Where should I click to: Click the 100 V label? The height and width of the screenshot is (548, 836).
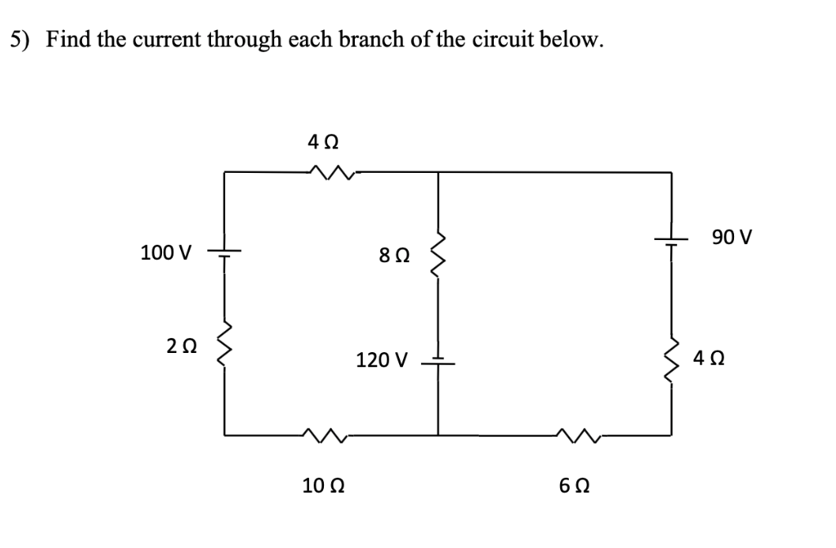[165, 253]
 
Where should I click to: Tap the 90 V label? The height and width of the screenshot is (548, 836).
[732, 236]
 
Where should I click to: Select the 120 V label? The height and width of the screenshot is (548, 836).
[382, 361]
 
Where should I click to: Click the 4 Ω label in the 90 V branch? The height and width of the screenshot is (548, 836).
[709, 358]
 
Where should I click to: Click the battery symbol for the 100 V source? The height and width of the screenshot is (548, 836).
[224, 253]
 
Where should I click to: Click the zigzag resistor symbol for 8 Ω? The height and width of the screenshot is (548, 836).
[438, 255]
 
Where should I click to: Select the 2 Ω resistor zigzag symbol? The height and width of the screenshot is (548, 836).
[224, 346]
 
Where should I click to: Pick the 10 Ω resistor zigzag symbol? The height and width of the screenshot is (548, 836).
[323, 433]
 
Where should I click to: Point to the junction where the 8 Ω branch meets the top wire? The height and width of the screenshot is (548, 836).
[438, 171]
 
